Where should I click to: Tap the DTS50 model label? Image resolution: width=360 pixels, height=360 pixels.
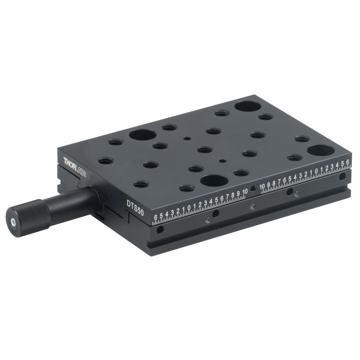pos(135,208)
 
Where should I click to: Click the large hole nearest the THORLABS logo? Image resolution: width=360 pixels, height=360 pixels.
pos(143,135)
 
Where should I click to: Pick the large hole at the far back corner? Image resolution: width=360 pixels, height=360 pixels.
pos(248,106)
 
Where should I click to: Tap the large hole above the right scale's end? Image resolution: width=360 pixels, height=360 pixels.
pos(321,150)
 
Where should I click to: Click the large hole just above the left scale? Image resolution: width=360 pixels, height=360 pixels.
pos(214,180)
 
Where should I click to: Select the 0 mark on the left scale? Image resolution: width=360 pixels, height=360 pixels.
pos(189,208)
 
